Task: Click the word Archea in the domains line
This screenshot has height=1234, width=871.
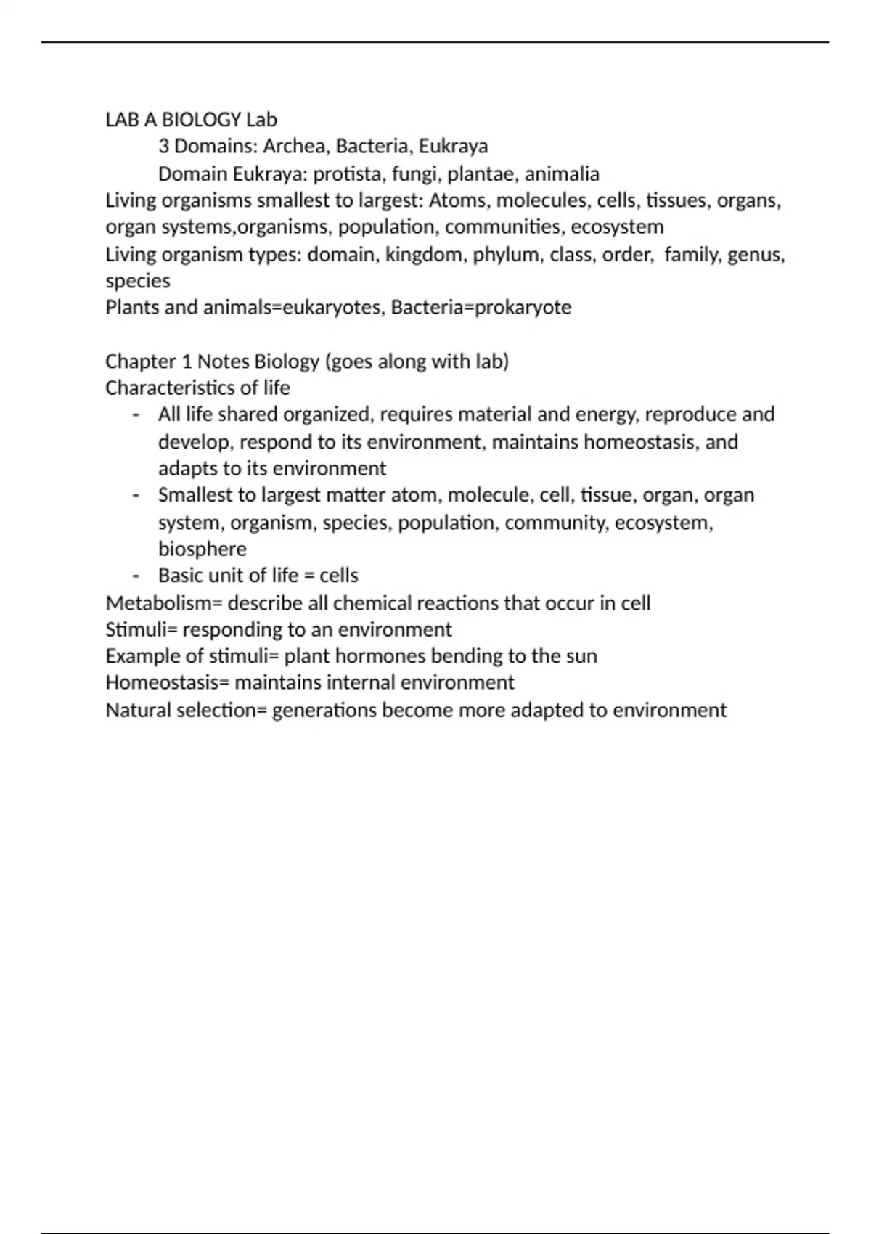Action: coord(293,147)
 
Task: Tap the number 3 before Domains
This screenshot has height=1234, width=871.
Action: coord(164,147)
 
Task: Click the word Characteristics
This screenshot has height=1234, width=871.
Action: coord(171,388)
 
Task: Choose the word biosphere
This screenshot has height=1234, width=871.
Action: coord(202,549)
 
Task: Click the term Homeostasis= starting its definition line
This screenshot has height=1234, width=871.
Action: coord(168,683)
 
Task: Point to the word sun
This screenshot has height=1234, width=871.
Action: coord(580,656)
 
